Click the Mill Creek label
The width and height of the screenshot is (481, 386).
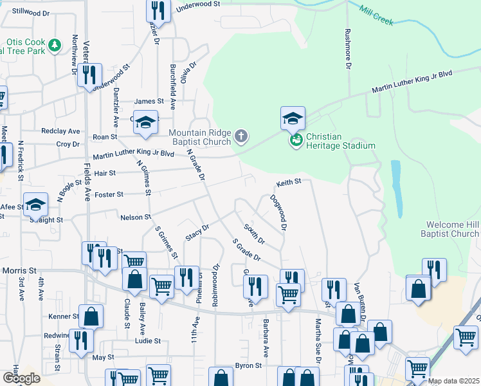click(376, 15)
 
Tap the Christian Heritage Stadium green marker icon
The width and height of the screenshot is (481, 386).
click(296, 140)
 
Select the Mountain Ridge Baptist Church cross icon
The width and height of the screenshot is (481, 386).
click(241, 135)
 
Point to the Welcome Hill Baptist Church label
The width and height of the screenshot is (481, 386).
click(453, 229)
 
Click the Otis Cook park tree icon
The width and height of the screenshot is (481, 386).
click(55, 44)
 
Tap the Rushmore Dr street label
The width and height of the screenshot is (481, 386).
click(348, 49)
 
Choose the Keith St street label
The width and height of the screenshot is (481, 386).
click(289, 182)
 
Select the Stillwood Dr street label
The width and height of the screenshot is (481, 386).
click(26, 12)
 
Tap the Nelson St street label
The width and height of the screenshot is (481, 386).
click(135, 217)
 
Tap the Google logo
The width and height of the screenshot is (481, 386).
click(21, 378)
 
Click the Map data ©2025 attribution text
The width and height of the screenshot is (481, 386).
click(453, 381)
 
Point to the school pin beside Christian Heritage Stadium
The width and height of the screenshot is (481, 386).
click(293, 118)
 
